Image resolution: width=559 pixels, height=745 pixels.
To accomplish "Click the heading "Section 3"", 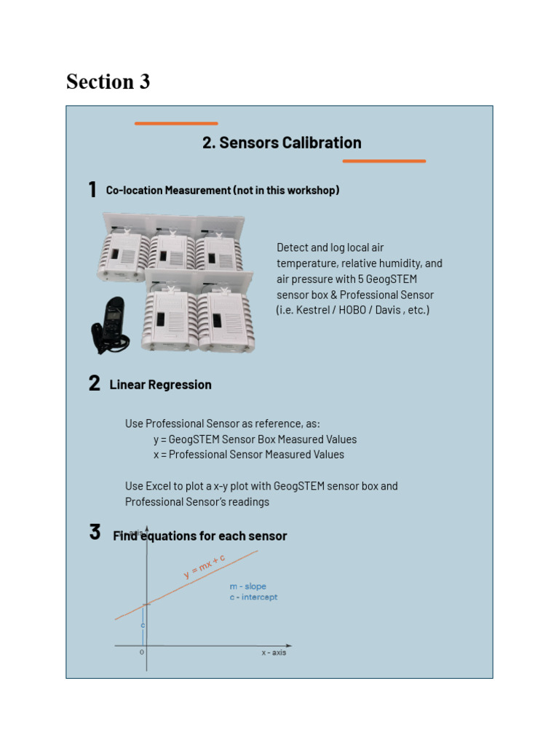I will (108, 81).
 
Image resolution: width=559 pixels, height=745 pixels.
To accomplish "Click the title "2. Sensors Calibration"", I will (282, 143).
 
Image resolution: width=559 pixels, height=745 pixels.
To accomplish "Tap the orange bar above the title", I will (176, 124).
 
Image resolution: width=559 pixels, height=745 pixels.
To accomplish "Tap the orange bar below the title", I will (384, 161).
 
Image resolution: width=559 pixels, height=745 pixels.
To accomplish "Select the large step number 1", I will (92, 190).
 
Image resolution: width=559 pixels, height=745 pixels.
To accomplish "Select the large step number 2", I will (95, 384).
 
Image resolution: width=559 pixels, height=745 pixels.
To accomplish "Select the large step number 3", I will (95, 532).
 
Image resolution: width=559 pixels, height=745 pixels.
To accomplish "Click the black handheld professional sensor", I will (111, 325).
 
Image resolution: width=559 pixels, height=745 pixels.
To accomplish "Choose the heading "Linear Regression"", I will (160, 385).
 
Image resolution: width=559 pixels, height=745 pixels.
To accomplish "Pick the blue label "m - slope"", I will (247, 586).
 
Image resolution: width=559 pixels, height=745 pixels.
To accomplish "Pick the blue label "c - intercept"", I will (253, 597).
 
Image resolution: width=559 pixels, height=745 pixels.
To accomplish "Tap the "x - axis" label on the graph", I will (274, 653).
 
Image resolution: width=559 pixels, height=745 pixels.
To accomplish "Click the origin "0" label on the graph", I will (142, 653).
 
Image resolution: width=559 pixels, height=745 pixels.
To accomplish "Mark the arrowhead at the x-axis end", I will (289, 645).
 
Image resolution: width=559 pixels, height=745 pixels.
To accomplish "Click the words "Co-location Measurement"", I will (168, 191).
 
